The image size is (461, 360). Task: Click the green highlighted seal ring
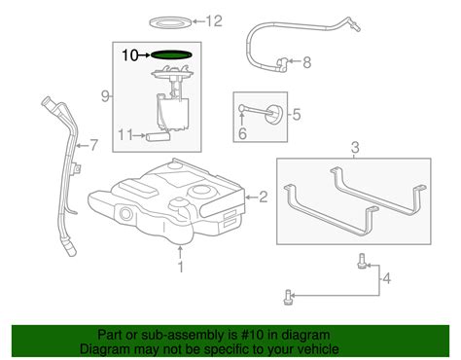172,54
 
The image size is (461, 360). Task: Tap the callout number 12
214,21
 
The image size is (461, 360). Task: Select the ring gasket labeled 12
170,22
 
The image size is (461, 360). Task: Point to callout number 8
307,62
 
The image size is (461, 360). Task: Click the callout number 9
105,96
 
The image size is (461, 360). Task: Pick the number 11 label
124,135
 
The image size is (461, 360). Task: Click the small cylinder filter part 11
159,137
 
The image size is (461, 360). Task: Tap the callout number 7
93,145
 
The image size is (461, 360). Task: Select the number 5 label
297,115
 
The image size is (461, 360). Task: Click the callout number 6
242,133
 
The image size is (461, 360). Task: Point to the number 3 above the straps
355,148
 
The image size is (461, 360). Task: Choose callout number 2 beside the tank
264,197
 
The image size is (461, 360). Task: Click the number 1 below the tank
181,267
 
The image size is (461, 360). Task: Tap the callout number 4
387,278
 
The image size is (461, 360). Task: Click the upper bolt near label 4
361,262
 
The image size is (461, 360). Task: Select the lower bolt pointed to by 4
288,297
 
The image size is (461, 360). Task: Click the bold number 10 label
130,55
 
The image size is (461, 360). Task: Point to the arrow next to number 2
251,197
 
